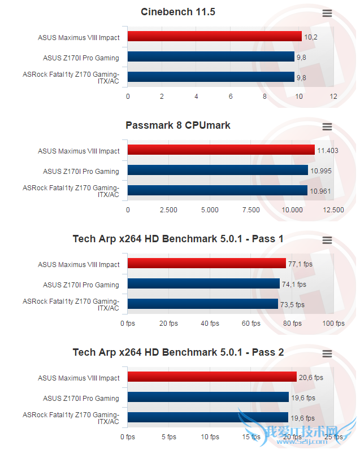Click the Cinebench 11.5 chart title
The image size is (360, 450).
coord(178,12)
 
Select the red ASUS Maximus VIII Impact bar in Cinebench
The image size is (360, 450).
coord(215,37)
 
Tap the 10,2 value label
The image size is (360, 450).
coord(310,37)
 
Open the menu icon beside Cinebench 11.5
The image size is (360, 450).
coord(327,13)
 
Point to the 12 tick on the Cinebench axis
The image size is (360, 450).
coord(333,97)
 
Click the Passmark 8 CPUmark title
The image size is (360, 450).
coord(178,125)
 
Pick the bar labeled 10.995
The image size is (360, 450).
coord(218,171)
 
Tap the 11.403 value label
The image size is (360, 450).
coord(328,151)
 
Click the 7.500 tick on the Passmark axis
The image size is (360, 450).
coord(251,210)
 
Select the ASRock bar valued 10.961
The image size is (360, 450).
coord(218,190)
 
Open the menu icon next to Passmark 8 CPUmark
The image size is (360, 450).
coord(327,126)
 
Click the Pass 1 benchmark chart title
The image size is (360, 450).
coord(178,239)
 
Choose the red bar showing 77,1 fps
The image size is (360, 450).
coord(207,264)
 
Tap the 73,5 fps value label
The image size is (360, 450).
coord(293,305)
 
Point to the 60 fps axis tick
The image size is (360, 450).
coord(251,324)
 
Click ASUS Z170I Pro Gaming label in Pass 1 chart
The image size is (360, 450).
coord(81,285)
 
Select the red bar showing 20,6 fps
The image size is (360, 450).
coord(212,377)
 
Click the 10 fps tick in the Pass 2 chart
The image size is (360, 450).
coord(210,437)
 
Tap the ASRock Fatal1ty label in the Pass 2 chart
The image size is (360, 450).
coord(71,418)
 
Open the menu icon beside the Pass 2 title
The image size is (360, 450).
coord(327,353)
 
